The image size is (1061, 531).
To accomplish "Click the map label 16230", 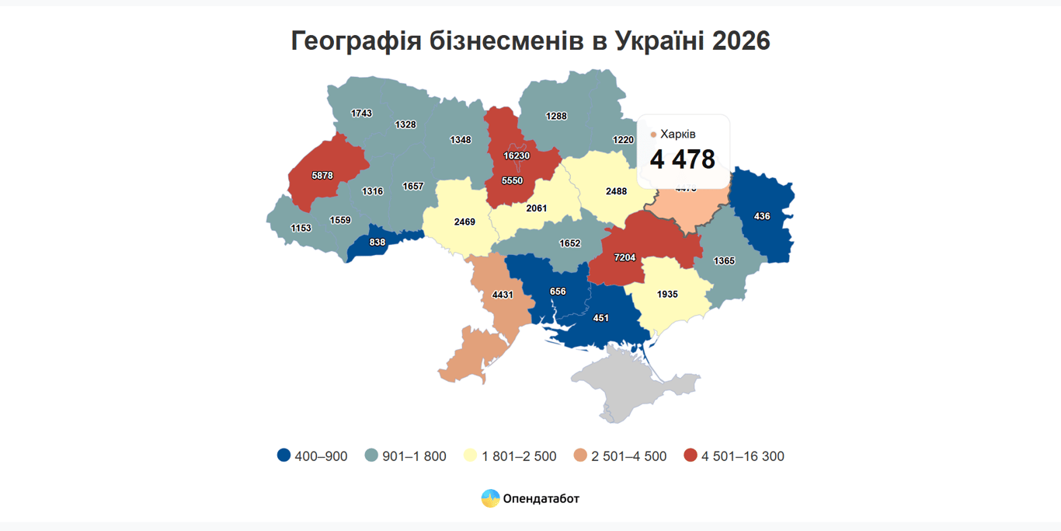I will point(517,155).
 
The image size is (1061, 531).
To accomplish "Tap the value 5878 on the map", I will point(322,176).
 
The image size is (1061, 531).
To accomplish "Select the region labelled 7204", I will point(624,257).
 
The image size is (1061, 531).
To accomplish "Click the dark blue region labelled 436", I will point(762,216).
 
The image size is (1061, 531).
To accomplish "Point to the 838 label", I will point(377,243).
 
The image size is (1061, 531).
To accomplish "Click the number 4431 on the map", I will point(503,295).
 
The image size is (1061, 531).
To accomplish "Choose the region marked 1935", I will point(667,295).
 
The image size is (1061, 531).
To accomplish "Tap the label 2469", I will point(464,222).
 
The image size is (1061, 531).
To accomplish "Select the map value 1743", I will point(361,114).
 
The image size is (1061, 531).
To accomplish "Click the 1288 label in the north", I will point(556,117).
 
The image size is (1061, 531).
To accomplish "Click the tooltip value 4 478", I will point(682,159).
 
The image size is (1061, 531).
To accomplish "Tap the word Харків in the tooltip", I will point(678,134).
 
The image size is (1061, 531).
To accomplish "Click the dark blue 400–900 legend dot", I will point(284,456).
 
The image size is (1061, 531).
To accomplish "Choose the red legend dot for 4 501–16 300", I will point(691,456).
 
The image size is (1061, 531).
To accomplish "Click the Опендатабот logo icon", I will point(490,498).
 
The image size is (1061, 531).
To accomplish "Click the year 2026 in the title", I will point(739,41).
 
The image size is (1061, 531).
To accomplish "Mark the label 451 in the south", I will point(600,318).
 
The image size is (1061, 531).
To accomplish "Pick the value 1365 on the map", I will point(724,261).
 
